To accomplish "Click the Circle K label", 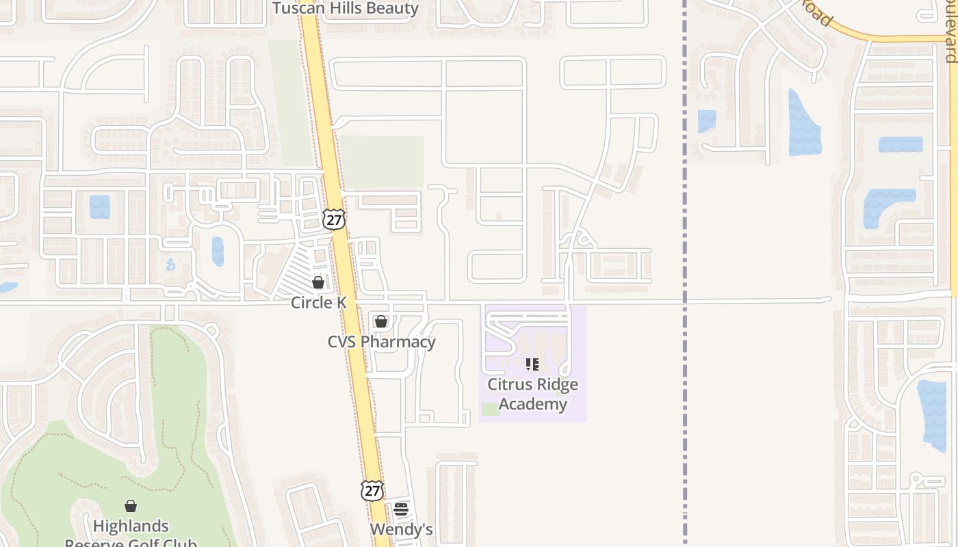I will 318,302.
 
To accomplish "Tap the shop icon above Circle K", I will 318,282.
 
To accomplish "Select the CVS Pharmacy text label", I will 381,341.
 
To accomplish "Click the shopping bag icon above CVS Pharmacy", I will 381,321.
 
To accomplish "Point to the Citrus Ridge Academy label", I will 532,394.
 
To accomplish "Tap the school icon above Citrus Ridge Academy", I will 532,364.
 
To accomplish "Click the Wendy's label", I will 401,529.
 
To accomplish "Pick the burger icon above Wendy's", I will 401,509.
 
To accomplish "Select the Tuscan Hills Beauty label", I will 346,8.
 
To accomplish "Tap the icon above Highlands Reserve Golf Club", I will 130,506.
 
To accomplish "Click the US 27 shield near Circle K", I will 334,219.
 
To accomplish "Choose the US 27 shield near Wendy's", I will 372,490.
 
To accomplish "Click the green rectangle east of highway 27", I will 381,161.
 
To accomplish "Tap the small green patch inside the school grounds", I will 490,409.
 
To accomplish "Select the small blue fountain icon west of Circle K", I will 171,265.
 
